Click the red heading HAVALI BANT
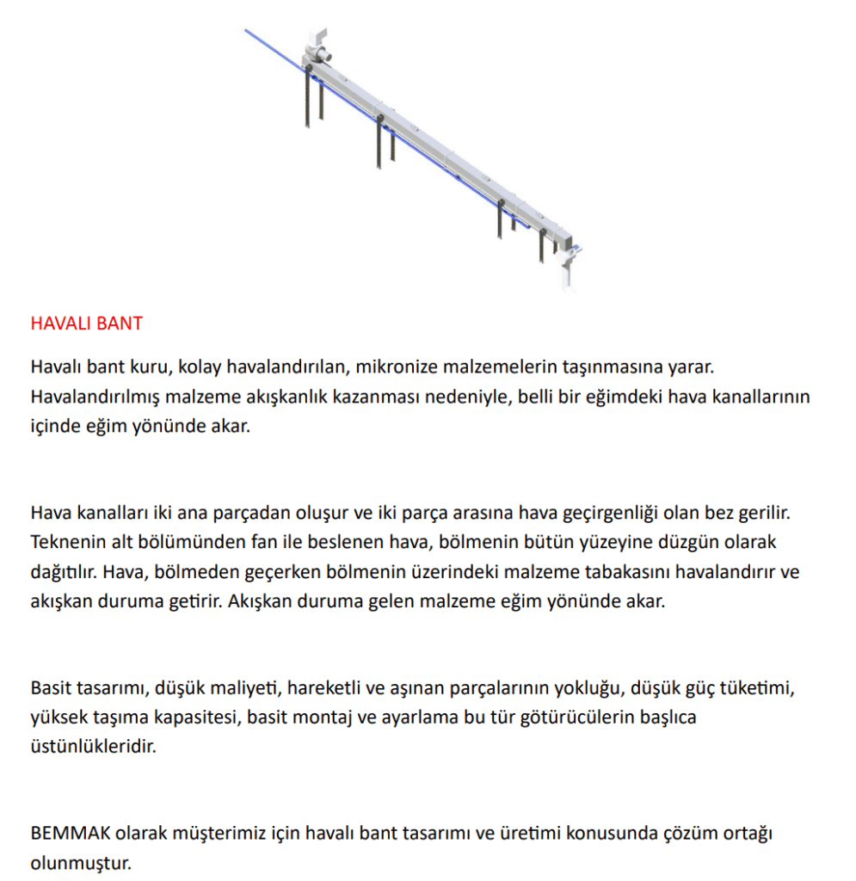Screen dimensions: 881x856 tap(86, 324)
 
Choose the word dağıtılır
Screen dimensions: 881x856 tap(63, 571)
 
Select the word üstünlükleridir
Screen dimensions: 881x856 tap(93, 746)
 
